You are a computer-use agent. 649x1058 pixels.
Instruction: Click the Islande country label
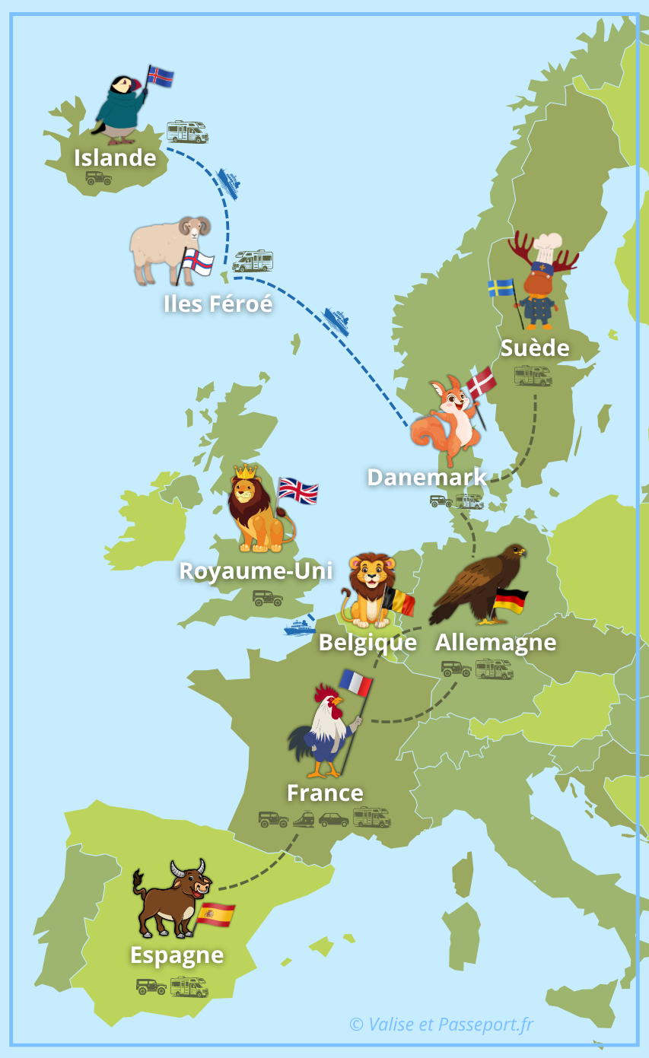coord(115,158)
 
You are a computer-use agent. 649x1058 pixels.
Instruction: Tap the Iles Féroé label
coord(218,303)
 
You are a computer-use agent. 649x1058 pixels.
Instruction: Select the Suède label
coord(535,348)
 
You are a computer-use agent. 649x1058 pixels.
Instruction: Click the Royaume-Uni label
coord(256,570)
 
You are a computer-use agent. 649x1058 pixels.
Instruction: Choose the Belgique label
coord(367,643)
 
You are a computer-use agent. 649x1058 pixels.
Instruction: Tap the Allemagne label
coord(495,643)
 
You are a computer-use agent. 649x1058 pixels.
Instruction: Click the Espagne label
coord(177,955)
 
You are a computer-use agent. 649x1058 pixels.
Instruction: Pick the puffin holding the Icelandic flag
coord(117,110)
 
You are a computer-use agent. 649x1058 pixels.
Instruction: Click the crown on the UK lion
coord(245,472)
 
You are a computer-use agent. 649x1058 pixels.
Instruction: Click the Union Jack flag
coord(297,491)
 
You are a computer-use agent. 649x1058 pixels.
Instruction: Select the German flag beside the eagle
coord(510,601)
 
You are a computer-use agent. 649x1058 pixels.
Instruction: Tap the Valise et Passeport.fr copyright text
coord(441,1025)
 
